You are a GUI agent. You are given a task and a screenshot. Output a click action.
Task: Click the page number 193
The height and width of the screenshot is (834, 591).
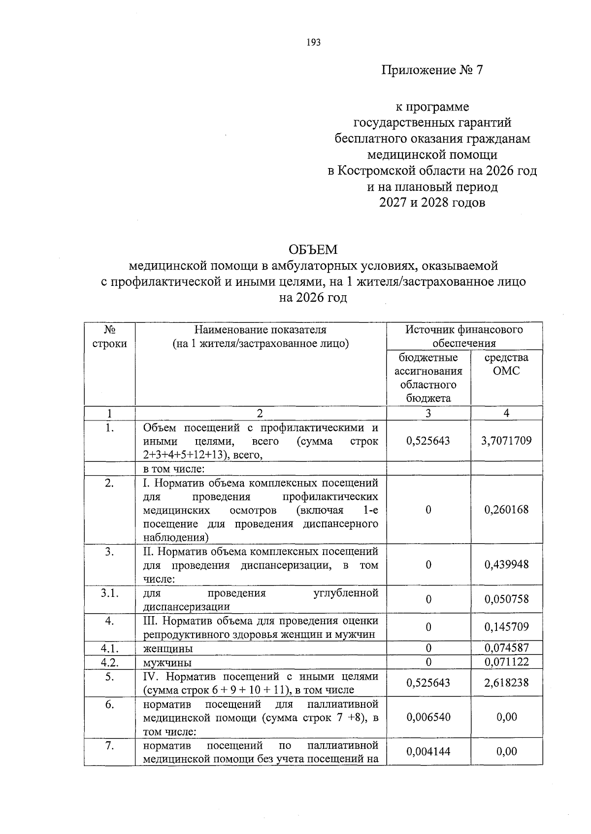(313, 42)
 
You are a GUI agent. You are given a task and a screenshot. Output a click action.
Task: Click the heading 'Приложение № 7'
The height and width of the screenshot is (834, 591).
(432, 70)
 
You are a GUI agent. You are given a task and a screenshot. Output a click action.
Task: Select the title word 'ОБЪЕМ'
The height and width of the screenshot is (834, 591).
(313, 250)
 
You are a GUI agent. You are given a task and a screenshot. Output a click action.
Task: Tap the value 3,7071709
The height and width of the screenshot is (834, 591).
(506, 441)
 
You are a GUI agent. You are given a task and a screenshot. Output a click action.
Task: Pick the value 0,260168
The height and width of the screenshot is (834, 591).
(506, 510)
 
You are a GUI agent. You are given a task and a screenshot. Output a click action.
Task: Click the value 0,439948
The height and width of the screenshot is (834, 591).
(506, 564)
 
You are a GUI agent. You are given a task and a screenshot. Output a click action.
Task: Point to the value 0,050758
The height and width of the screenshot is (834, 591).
(506, 599)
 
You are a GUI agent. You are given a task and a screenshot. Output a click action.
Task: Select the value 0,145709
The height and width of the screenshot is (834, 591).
(506, 627)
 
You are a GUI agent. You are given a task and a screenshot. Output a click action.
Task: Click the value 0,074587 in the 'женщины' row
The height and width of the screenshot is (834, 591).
(506, 648)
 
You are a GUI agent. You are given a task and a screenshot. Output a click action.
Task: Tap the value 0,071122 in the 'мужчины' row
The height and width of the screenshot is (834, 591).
(506, 662)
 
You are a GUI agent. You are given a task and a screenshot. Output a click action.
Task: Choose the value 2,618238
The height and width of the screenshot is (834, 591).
(506, 683)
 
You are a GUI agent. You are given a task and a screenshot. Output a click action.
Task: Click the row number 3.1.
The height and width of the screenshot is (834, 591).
(109, 593)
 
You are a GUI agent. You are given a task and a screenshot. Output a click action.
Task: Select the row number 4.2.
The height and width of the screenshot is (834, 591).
(109, 662)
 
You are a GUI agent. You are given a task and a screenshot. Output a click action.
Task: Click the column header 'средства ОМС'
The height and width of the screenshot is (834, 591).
(506, 364)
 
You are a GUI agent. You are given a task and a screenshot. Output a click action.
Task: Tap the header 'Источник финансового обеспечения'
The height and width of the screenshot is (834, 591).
(464, 336)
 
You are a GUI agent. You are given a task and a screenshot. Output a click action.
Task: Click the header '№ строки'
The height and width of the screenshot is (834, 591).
(109, 336)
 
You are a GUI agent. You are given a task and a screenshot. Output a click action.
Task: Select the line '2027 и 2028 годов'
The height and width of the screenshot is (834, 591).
(432, 203)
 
